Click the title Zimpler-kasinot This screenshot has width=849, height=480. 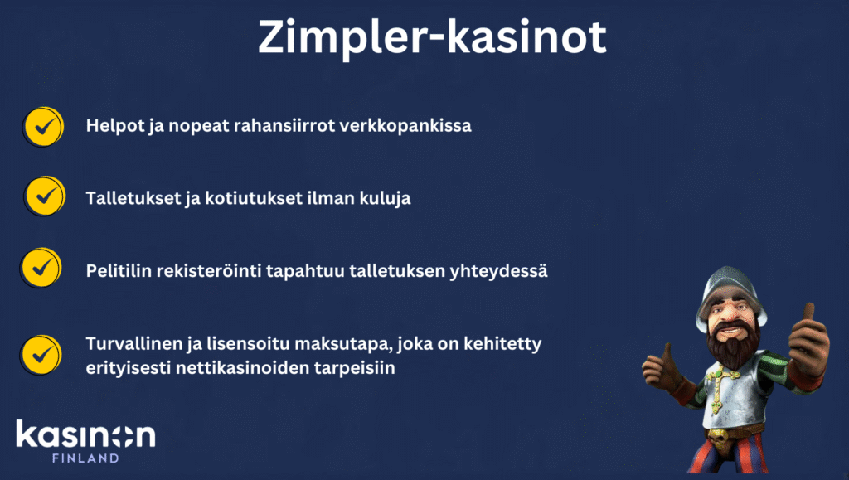(432, 36)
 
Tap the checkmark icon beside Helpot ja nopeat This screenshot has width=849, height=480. (43, 127)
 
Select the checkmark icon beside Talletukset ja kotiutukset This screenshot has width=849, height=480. (45, 196)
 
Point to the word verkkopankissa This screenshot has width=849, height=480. (405, 125)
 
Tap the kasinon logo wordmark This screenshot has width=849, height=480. (85, 434)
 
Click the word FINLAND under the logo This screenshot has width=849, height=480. (85, 458)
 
